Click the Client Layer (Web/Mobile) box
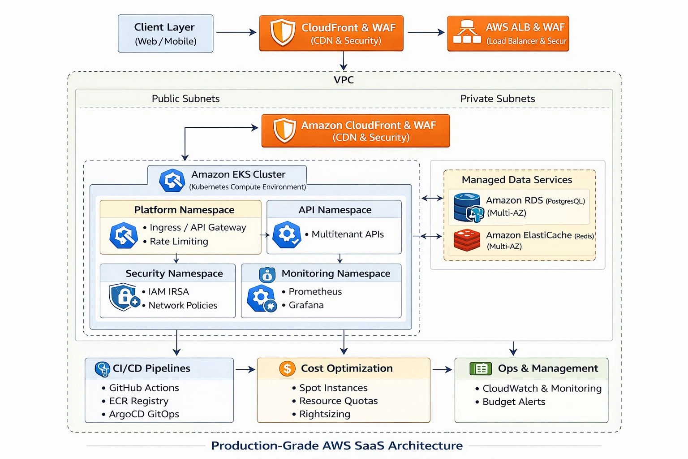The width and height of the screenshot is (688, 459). pos(165,34)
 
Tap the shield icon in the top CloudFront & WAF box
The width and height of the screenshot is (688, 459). pos(283,33)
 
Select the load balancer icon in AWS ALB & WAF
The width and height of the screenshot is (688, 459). pos(467,32)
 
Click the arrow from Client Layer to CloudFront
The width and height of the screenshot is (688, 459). pos(236,32)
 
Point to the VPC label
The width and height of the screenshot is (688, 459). pos(344,80)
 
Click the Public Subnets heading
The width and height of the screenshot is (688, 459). pos(185,99)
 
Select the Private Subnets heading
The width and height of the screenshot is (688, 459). pos(497,99)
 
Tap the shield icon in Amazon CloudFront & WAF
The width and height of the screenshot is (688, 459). pos(284,130)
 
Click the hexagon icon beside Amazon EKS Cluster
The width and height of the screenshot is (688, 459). pos(172,180)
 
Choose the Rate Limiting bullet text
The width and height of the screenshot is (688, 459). pos(179,242)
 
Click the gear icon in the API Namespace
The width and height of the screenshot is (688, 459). pos(287,234)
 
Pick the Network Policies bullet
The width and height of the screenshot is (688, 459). pos(182,305)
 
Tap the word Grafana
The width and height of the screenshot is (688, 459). pos(306,305)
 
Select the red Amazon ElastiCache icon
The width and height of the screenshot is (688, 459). pos(467,240)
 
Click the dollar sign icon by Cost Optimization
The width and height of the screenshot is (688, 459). pos(287,368)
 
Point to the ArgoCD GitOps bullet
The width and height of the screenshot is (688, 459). pos(144,414)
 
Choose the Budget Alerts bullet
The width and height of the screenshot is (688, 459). pos(513,402)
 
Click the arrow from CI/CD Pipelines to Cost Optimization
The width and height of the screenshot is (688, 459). pos(245,369)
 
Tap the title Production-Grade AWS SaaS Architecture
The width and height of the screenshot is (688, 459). pos(337,446)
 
